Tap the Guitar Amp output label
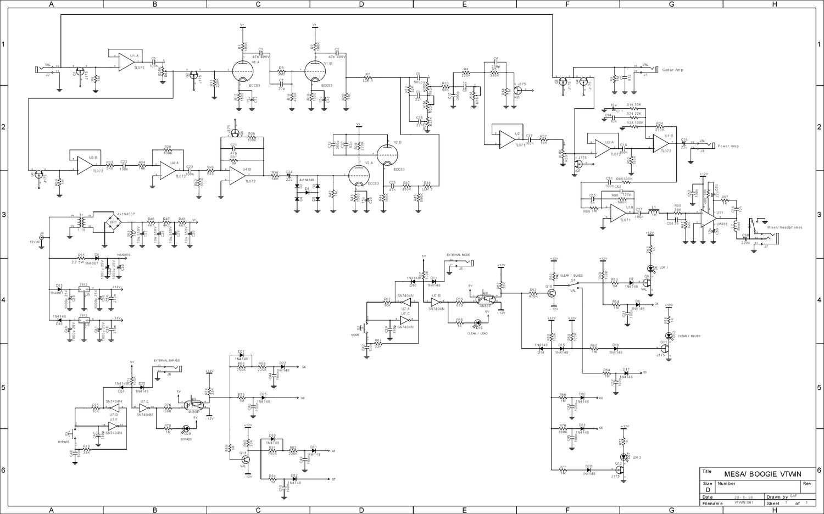672,70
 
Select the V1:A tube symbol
241,70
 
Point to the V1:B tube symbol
313,70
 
